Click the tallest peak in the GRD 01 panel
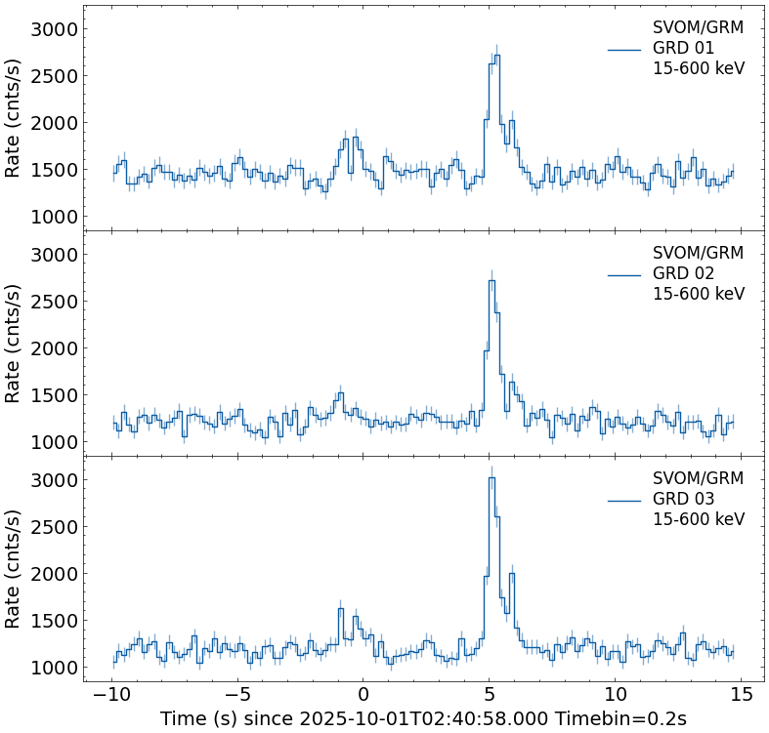tap(496, 56)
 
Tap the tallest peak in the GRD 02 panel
tap(491, 281)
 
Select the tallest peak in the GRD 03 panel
tap(491, 478)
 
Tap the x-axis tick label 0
tap(363, 693)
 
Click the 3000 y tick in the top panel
tap(53, 29)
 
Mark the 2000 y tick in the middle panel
tap(53, 348)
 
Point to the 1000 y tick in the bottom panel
tap(53, 668)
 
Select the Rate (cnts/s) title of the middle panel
tap(14, 344)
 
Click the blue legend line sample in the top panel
tap(624, 49)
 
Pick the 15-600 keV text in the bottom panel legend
tap(698, 519)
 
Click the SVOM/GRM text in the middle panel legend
tap(698, 253)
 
